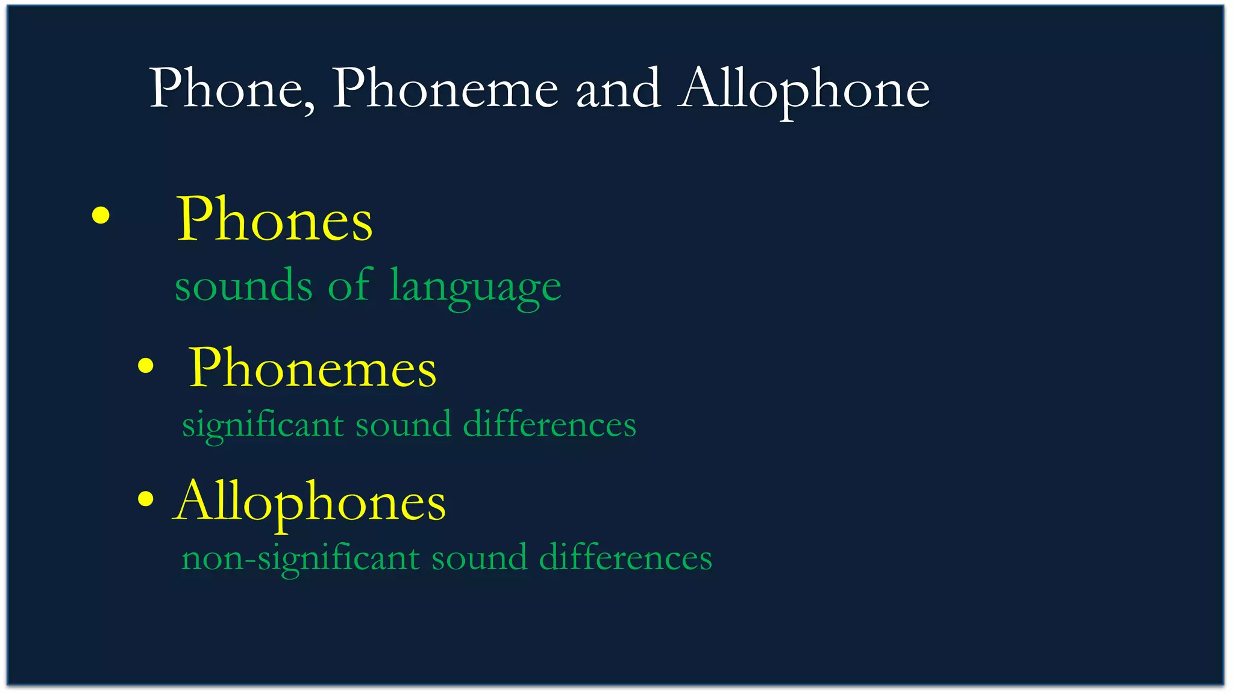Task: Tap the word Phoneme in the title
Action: (x=445, y=89)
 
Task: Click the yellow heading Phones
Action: (x=275, y=219)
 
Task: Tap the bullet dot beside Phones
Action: (x=101, y=215)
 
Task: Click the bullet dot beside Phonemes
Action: (x=146, y=365)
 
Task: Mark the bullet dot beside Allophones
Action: (x=146, y=499)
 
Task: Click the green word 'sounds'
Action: (x=243, y=286)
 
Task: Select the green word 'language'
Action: (x=475, y=288)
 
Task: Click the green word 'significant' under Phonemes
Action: (x=263, y=425)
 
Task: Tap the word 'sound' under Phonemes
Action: (x=403, y=424)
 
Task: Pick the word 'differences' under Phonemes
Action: (x=550, y=424)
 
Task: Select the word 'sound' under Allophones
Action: (x=479, y=557)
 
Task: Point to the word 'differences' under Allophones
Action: (x=625, y=557)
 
